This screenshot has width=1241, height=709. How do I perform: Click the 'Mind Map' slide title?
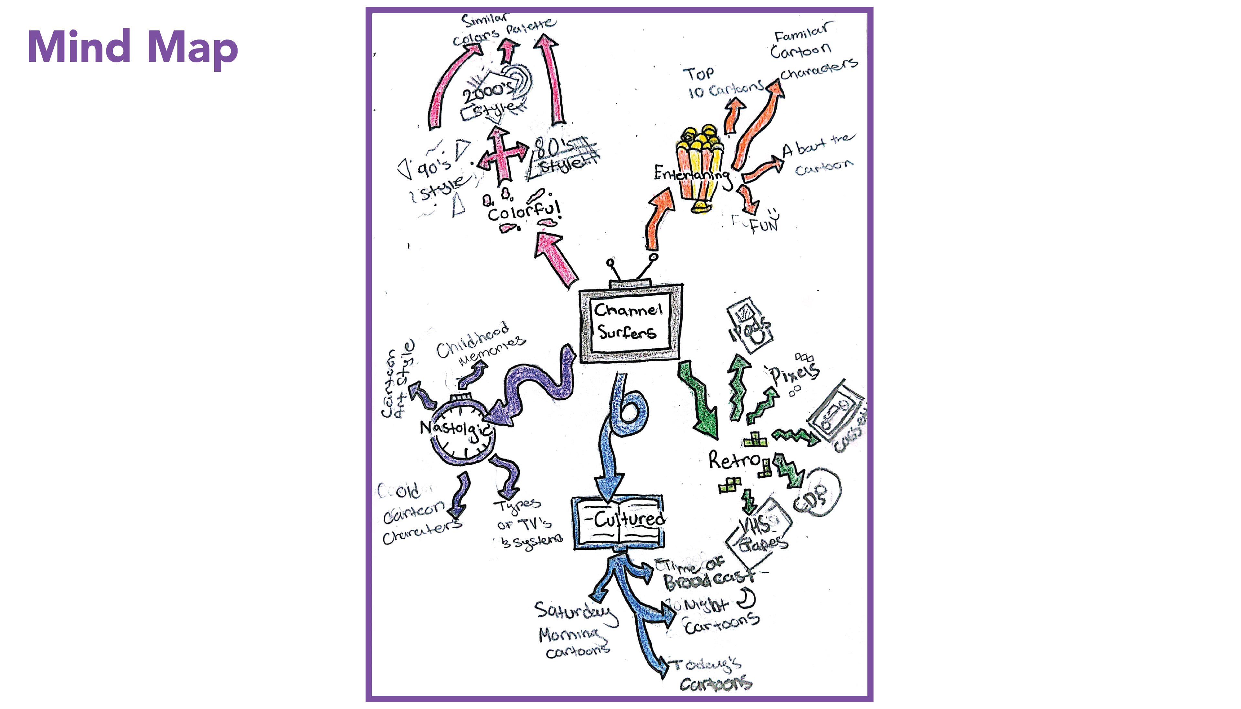tap(133, 47)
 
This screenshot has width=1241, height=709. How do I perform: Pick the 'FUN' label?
tap(763, 225)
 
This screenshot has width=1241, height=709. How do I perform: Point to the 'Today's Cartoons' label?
tap(711, 674)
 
